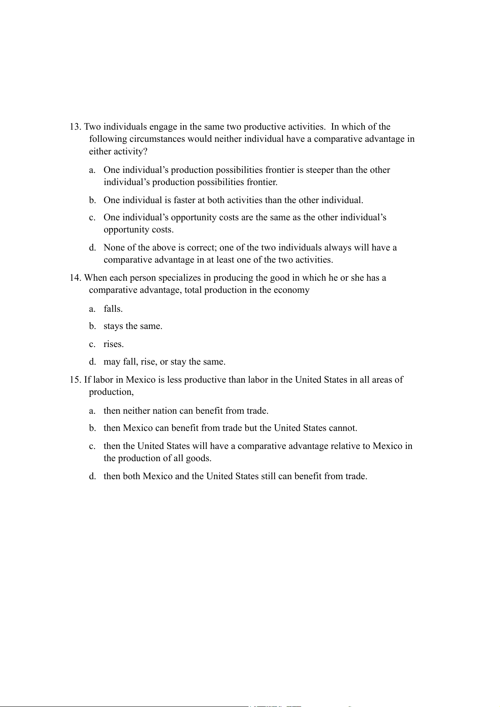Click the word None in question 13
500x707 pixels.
(x=114, y=248)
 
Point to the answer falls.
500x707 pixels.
(x=113, y=309)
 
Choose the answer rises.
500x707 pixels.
(x=113, y=344)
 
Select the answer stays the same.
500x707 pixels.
(x=133, y=326)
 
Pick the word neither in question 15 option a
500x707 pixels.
(x=136, y=410)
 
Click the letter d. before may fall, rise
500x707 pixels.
(x=92, y=362)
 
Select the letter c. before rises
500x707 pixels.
(x=92, y=344)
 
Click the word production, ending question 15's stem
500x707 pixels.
(x=111, y=392)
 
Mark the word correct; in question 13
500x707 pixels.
(x=201, y=248)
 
